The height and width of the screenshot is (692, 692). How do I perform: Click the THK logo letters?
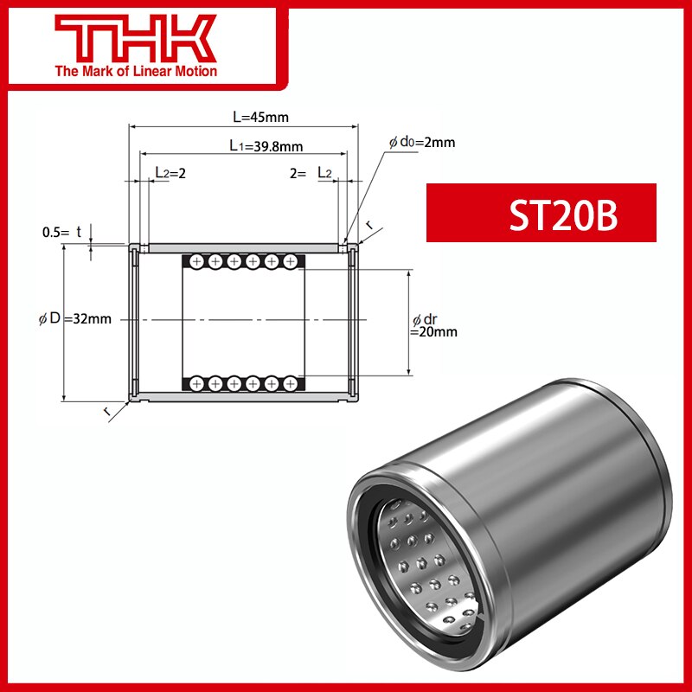135,41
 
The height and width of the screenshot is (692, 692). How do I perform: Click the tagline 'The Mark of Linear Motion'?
135,71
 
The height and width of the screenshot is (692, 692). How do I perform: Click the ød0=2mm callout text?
421,142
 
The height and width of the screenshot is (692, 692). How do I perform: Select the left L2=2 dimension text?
170,173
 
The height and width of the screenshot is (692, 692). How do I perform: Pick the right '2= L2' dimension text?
311,173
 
